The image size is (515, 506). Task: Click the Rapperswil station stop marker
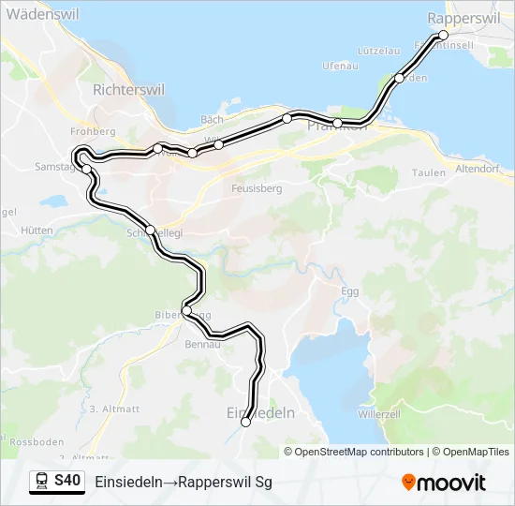[443, 36]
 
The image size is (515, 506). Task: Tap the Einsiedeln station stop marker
[246, 423]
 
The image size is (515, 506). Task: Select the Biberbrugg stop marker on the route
[187, 311]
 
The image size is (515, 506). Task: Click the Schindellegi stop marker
[150, 230]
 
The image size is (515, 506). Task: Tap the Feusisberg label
[257, 188]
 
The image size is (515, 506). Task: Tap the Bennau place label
[203, 345]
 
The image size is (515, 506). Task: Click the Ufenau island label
[340, 66]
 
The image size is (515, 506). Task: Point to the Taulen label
[429, 173]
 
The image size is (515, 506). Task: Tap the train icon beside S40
[42, 481]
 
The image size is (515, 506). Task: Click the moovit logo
[444, 482]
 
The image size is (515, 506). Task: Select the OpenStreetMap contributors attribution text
[360, 452]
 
